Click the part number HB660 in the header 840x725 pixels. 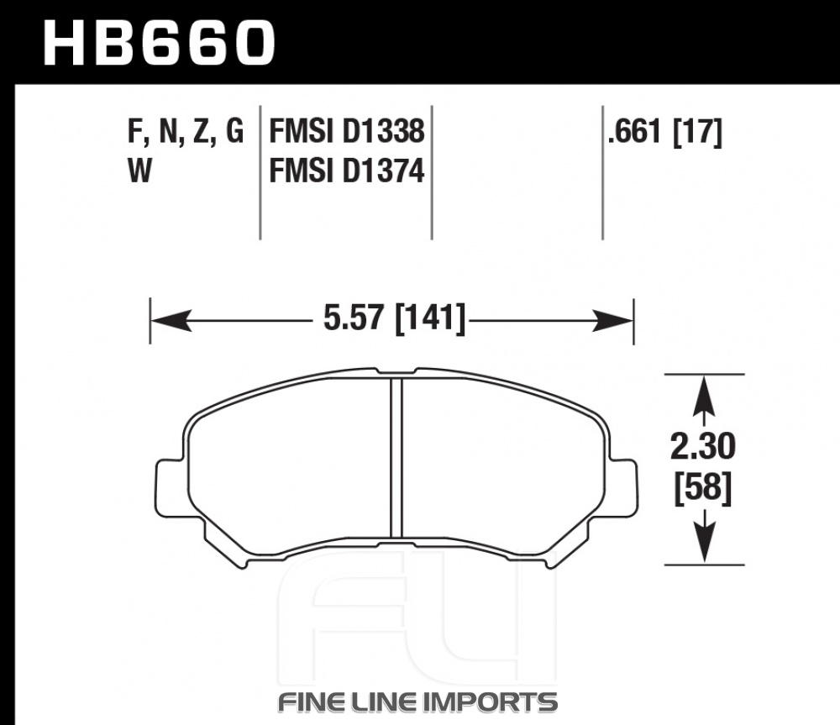[x=159, y=43]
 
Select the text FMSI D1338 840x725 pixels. [x=347, y=131]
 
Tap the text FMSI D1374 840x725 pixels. [x=347, y=171]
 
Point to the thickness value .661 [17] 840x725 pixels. [x=664, y=132]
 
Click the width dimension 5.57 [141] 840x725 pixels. [x=394, y=319]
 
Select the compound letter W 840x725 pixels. [x=139, y=171]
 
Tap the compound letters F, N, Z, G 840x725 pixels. [x=186, y=132]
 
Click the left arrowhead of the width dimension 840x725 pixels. [x=171, y=320]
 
